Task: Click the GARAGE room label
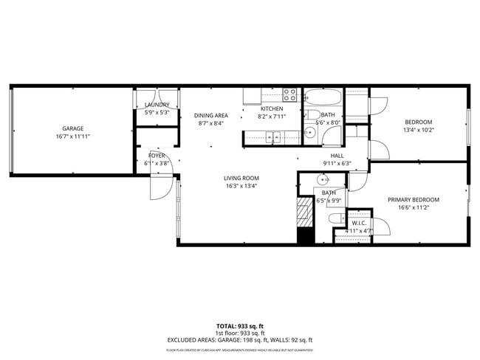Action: (72, 128)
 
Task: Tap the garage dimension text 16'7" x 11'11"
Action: (72, 136)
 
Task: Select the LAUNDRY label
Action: (157, 105)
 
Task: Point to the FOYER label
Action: (157, 156)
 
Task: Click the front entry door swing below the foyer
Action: (160, 188)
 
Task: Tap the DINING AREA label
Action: (211, 116)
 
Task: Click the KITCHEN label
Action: (272, 108)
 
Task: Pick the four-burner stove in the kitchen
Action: (289, 94)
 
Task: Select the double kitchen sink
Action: (273, 136)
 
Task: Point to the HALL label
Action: (337, 156)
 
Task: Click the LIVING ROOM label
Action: (241, 178)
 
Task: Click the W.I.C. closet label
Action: (359, 223)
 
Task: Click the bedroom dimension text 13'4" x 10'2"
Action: (418, 131)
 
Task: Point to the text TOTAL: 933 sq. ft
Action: (239, 325)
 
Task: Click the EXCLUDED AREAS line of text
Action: (239, 339)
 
